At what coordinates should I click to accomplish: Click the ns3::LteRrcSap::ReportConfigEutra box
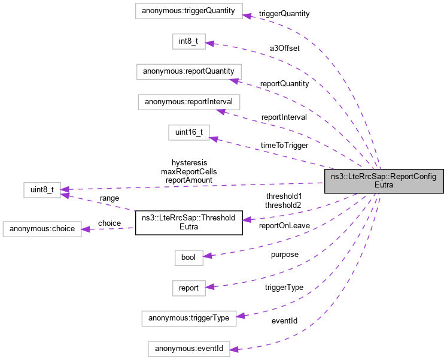pos(384,181)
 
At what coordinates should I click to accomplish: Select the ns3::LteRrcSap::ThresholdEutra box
pos(188,223)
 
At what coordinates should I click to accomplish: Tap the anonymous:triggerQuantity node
pos(188,11)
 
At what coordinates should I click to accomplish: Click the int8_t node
pos(188,41)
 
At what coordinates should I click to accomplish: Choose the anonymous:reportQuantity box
pos(188,71)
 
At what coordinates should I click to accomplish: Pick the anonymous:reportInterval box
pos(188,101)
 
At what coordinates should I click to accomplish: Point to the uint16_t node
pos(188,132)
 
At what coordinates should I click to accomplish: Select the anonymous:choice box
pos(41,229)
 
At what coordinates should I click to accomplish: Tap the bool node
pos(188,257)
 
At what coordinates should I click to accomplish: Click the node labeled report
pos(188,288)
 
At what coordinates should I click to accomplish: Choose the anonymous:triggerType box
pos(188,318)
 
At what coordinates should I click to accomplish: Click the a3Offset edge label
pos(285,48)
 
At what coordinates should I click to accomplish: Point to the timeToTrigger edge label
pos(285,145)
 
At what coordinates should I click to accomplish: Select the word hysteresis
pos(189,162)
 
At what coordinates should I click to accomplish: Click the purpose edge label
pos(284,254)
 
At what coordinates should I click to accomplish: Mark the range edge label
pos(109,198)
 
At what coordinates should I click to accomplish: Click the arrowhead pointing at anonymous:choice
pos(86,229)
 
